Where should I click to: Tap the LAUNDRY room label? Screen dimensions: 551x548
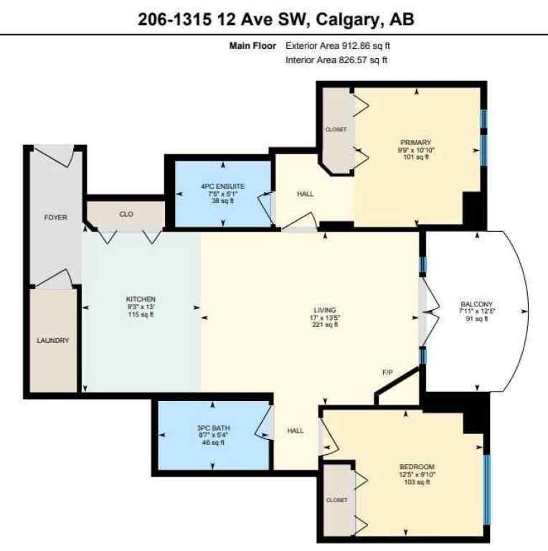click(x=53, y=340)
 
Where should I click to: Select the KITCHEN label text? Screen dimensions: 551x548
click(x=141, y=299)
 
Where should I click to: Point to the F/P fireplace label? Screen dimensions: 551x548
click(x=387, y=372)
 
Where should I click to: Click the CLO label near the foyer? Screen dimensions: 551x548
click(x=126, y=214)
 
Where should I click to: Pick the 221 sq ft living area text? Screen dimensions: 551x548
click(x=325, y=325)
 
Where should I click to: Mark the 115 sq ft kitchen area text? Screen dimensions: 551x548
click(x=141, y=314)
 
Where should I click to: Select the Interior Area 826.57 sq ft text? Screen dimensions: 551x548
click(x=336, y=60)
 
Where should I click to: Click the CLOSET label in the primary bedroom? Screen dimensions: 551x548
click(x=336, y=129)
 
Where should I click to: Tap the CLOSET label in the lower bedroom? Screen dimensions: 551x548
click(x=336, y=500)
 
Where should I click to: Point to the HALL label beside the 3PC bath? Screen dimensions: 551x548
click(x=296, y=430)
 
